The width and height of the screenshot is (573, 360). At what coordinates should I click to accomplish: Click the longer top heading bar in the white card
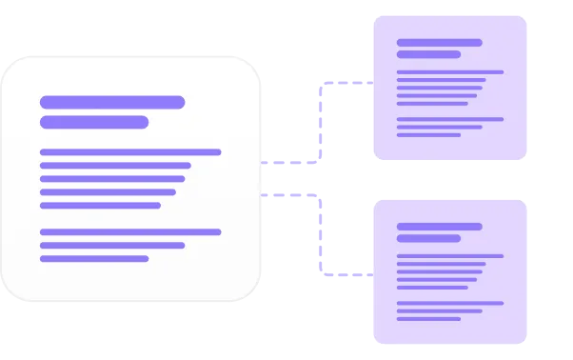[x=111, y=102]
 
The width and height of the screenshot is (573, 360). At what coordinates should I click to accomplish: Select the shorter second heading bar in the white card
[x=93, y=122]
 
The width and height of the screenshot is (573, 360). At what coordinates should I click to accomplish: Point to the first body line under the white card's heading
[x=129, y=151]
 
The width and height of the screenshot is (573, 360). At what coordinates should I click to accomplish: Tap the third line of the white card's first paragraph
[x=111, y=178]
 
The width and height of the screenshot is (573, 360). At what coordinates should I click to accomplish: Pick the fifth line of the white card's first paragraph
[x=99, y=205]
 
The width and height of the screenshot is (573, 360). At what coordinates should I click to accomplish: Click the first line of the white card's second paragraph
[x=129, y=231]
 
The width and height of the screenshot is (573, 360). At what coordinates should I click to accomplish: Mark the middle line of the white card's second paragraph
[x=111, y=245]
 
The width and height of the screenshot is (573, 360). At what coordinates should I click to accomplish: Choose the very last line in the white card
[x=93, y=258]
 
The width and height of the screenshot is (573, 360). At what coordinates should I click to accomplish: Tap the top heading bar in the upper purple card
[x=439, y=42]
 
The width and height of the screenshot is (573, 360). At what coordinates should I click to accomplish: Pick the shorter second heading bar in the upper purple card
[x=428, y=54]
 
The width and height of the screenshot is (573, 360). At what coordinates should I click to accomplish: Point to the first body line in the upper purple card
[x=449, y=71]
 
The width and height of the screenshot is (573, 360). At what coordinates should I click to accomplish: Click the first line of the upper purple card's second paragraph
[x=449, y=119]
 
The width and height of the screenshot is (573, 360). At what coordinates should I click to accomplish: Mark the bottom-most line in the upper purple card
[x=428, y=134]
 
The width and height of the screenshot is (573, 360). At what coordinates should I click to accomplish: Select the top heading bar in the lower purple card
[x=439, y=226]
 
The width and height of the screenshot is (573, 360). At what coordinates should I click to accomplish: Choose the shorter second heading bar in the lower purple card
[x=428, y=238]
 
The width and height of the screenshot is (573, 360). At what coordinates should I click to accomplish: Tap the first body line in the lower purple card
[x=449, y=255]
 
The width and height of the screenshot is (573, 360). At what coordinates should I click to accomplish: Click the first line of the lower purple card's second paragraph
[x=449, y=303]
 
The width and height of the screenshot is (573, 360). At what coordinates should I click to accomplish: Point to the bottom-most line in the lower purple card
[x=428, y=318]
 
